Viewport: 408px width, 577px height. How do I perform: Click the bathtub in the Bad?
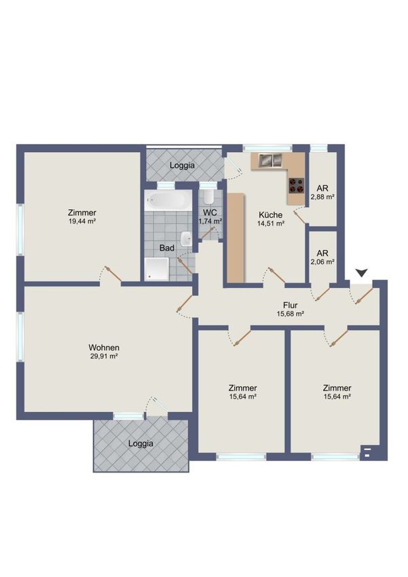(168, 200)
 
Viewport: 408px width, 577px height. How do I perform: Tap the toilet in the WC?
(208, 197)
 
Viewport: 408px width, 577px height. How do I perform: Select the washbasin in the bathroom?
(187, 240)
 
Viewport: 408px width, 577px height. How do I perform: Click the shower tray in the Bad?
(157, 269)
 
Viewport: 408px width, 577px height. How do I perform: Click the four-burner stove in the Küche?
(296, 185)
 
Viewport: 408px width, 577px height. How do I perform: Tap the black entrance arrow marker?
(362, 273)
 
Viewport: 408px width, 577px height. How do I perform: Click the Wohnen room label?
(104, 348)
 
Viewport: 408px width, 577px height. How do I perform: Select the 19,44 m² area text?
(82, 221)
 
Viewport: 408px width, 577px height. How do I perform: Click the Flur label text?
(291, 305)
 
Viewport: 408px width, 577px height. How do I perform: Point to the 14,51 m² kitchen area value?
(271, 223)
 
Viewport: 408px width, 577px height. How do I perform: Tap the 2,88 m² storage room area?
(322, 197)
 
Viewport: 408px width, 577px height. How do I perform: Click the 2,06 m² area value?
(322, 262)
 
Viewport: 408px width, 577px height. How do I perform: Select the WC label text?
(210, 212)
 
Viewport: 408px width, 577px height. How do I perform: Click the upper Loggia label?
(182, 166)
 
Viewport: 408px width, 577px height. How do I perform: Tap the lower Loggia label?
(141, 444)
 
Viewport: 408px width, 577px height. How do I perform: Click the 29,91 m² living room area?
(104, 356)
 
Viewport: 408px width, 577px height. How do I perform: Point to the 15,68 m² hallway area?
(291, 314)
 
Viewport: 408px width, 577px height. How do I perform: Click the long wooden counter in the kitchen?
(236, 238)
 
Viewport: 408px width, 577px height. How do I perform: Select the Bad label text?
(166, 248)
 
